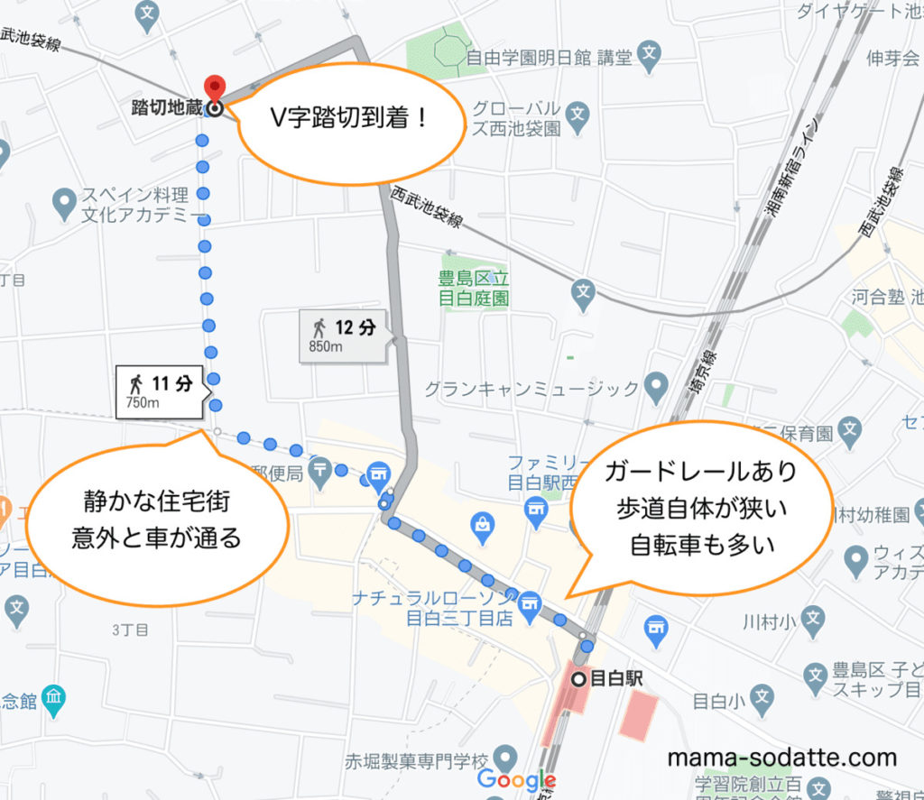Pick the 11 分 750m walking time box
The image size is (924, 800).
click(x=161, y=391)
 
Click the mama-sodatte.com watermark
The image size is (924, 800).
click(x=782, y=758)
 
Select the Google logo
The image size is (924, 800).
click(x=515, y=779)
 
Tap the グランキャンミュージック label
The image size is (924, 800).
click(x=532, y=390)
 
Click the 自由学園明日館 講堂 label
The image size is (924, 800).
click(x=551, y=60)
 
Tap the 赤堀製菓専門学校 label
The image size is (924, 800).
click(x=415, y=759)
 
